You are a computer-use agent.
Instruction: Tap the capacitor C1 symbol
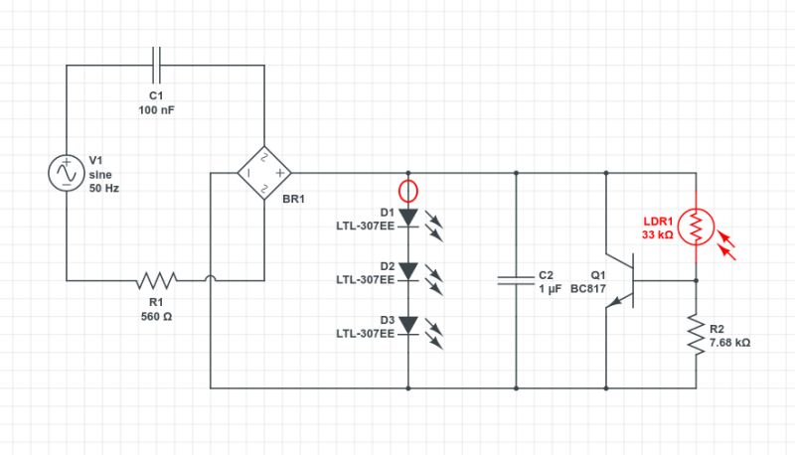pos(157,66)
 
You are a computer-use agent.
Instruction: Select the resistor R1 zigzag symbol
pos(157,280)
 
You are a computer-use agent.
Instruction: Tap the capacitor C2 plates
pos(517,280)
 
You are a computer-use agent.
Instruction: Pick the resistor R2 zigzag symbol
pos(696,334)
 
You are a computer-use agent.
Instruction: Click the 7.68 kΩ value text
pos(729,343)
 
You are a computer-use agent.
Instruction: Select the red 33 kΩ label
pos(657,235)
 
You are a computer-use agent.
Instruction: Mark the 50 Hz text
pos(104,188)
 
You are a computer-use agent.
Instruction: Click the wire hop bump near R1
pos(211,280)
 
